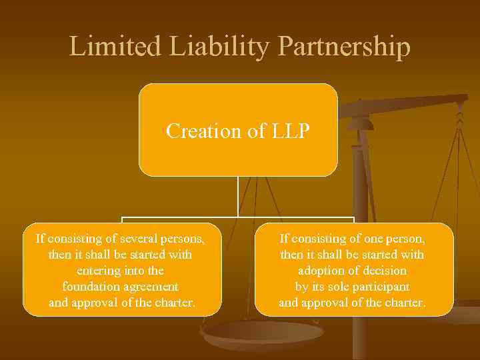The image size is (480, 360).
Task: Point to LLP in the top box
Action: click(290, 131)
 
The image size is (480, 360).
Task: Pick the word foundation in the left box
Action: click(90, 287)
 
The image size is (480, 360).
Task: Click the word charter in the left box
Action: click(173, 303)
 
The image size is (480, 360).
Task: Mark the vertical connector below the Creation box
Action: click(238, 197)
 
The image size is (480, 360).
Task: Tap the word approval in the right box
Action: click(323, 303)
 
